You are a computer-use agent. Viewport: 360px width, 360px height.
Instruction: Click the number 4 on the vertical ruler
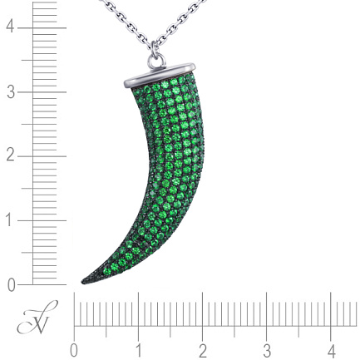tap(10, 27)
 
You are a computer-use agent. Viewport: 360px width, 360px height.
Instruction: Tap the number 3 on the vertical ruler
tap(11, 92)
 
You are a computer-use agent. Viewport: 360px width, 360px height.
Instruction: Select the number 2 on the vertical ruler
tap(10, 156)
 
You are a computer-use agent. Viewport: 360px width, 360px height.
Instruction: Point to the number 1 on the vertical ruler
tap(10, 220)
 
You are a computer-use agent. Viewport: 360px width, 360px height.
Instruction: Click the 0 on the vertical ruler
tap(11, 285)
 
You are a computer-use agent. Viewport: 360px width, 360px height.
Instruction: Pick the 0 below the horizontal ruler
tap(73, 351)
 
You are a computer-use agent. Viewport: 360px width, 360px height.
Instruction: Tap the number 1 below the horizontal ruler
tap(139, 351)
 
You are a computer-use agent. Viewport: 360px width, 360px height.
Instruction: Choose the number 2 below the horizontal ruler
tap(203, 351)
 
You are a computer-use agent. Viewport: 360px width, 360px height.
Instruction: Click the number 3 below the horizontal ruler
tap(267, 351)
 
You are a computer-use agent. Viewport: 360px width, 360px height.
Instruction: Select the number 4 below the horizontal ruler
tap(332, 351)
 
